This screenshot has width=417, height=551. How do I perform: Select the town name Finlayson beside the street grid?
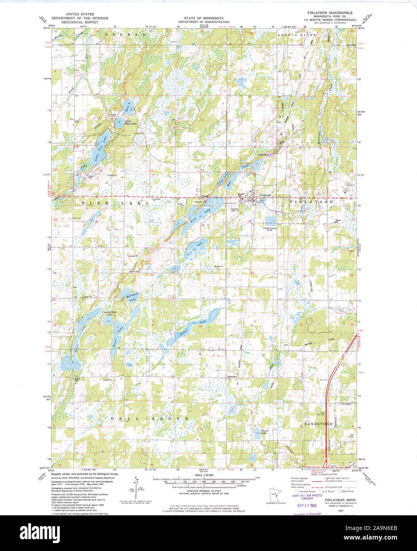[x=266, y=195]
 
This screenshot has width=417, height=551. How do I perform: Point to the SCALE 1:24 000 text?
[x=204, y=475]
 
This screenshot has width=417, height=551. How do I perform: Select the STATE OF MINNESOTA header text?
[x=204, y=18]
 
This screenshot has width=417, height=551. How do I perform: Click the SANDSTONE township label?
[x=318, y=424]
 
